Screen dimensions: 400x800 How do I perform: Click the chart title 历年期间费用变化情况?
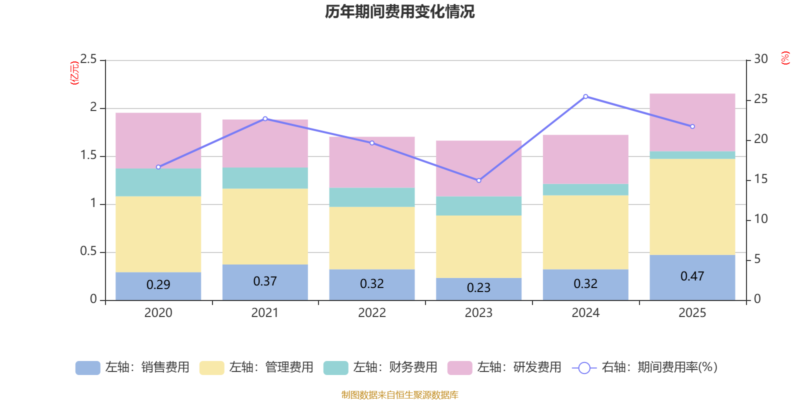click(399, 11)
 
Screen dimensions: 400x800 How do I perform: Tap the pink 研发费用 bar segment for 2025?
click(692, 122)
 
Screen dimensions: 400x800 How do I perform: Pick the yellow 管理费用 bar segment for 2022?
click(371, 238)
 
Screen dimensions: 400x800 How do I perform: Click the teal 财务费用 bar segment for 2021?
click(264, 178)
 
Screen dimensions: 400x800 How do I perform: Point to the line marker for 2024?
click(585, 96)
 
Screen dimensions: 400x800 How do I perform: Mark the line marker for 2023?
click(478, 180)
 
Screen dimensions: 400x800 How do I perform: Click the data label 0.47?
click(692, 276)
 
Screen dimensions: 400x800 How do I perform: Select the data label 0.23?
click(478, 288)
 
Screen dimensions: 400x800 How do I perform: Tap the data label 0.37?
click(264, 281)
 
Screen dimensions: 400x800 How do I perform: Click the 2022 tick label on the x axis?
click(371, 313)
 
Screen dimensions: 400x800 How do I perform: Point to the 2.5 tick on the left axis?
click(88, 59)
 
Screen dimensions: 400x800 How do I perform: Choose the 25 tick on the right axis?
click(760, 99)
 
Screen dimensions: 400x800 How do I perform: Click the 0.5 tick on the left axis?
click(88, 251)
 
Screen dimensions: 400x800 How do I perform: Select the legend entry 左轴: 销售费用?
click(132, 367)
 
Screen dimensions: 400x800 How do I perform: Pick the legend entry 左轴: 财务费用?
click(380, 367)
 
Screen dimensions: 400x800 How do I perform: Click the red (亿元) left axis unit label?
click(74, 73)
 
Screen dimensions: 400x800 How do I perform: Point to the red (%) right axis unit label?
click(785, 58)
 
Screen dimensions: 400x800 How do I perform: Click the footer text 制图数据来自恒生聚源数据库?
click(399, 395)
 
